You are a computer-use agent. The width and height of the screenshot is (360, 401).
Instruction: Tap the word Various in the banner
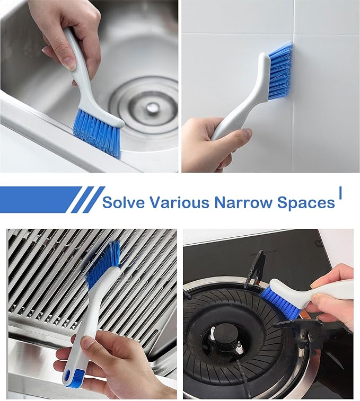[x=179, y=202]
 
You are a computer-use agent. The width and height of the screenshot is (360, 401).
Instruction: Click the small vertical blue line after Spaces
[x=340, y=193]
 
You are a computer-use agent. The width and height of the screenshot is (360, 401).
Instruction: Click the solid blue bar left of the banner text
[x=37, y=200]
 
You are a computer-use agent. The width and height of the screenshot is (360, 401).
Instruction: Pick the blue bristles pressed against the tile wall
[x=280, y=72]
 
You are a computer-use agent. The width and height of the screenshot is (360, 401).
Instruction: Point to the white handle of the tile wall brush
[x=239, y=106]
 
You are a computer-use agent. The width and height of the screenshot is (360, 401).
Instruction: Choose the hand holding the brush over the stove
[x=334, y=297]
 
